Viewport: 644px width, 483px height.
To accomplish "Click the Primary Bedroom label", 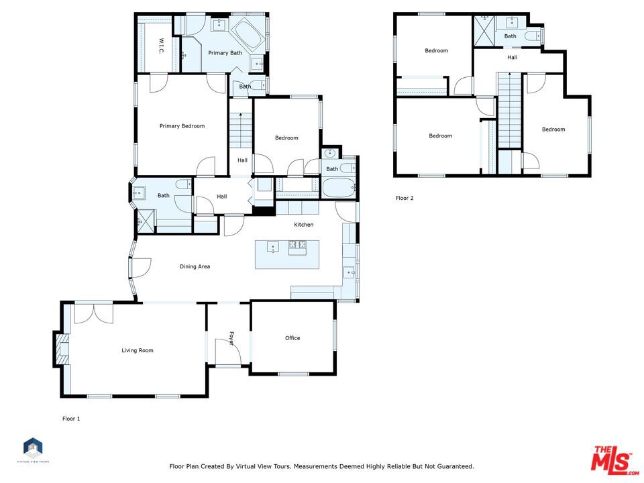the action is (182, 126).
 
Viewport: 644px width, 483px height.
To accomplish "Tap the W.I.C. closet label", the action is (161, 46).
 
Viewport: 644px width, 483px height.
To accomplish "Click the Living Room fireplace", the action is (62, 349).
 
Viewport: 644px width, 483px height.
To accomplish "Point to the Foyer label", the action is (231, 338).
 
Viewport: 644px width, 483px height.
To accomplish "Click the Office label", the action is (292, 338).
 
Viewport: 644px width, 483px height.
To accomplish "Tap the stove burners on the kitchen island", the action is (297, 246).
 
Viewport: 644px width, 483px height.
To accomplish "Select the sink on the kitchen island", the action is (273, 248).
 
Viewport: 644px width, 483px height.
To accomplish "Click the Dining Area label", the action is (195, 266).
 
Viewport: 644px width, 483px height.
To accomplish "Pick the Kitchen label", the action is (303, 225).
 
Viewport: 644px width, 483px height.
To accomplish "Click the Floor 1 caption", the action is (71, 419).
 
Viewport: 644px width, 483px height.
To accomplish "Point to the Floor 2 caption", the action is (405, 198).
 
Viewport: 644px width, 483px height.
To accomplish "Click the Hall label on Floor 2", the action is (512, 58).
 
